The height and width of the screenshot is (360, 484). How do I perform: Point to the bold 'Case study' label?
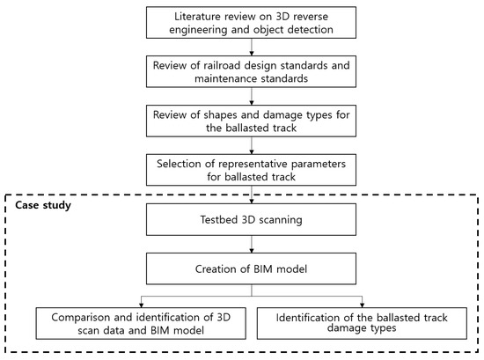pos(44,204)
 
